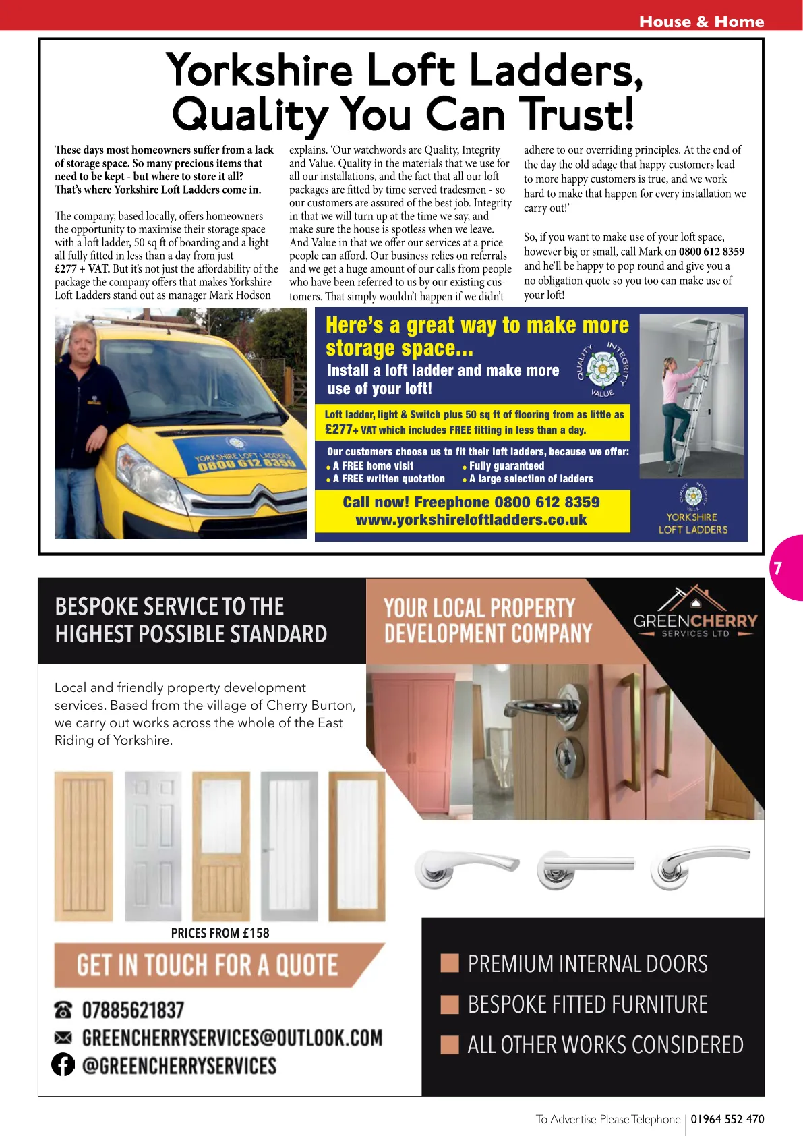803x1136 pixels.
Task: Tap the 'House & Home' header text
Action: [x=701, y=22]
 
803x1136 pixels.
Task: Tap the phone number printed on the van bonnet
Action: [x=247, y=463]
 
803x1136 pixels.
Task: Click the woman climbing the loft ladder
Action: [x=678, y=405]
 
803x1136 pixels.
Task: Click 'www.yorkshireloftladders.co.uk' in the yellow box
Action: [x=471, y=520]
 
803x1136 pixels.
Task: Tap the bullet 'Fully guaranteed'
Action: [x=506, y=465]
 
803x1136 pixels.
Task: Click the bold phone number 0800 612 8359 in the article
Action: [x=711, y=252]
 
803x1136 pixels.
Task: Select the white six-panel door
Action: [x=152, y=847]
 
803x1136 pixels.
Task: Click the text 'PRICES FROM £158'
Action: [x=220, y=933]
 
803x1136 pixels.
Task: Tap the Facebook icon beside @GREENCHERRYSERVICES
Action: [x=63, y=1064]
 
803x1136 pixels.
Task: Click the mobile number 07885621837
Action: [x=133, y=1010]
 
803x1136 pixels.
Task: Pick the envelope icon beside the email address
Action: [x=63, y=1037]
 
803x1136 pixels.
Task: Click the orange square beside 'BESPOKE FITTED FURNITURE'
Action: [x=450, y=1004]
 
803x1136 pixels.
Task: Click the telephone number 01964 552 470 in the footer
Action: [x=727, y=1119]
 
